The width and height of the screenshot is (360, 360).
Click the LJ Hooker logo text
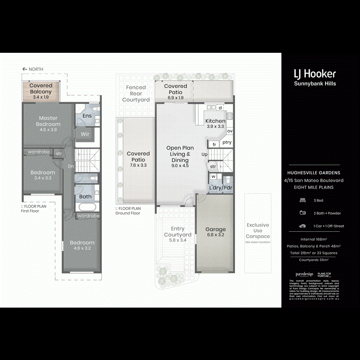coord(315,74)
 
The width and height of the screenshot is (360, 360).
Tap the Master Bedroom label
coord(48,121)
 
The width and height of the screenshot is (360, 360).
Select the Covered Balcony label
coord(41,88)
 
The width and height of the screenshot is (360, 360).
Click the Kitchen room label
coord(215,121)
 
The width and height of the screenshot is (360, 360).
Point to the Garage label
coord(216,229)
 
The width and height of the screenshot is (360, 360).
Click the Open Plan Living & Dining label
coord(180,154)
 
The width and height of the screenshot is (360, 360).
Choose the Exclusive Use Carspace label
coord(258,231)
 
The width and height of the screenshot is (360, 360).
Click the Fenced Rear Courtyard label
coord(136,94)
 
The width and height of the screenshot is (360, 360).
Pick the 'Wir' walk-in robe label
coord(85,134)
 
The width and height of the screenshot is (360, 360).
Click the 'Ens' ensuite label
coord(87,116)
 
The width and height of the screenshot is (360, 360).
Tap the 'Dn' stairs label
coord(70,166)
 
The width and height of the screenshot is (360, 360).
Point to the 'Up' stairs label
coord(204,154)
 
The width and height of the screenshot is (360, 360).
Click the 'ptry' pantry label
coord(227,142)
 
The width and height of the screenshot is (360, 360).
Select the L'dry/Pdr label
coord(220,188)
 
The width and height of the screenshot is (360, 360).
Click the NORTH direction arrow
coord(25,69)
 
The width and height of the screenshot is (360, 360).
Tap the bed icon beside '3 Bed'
coord(302,200)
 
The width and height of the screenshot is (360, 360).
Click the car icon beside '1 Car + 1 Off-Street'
coord(302,226)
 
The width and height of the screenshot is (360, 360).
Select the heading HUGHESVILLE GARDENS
coord(314,173)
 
